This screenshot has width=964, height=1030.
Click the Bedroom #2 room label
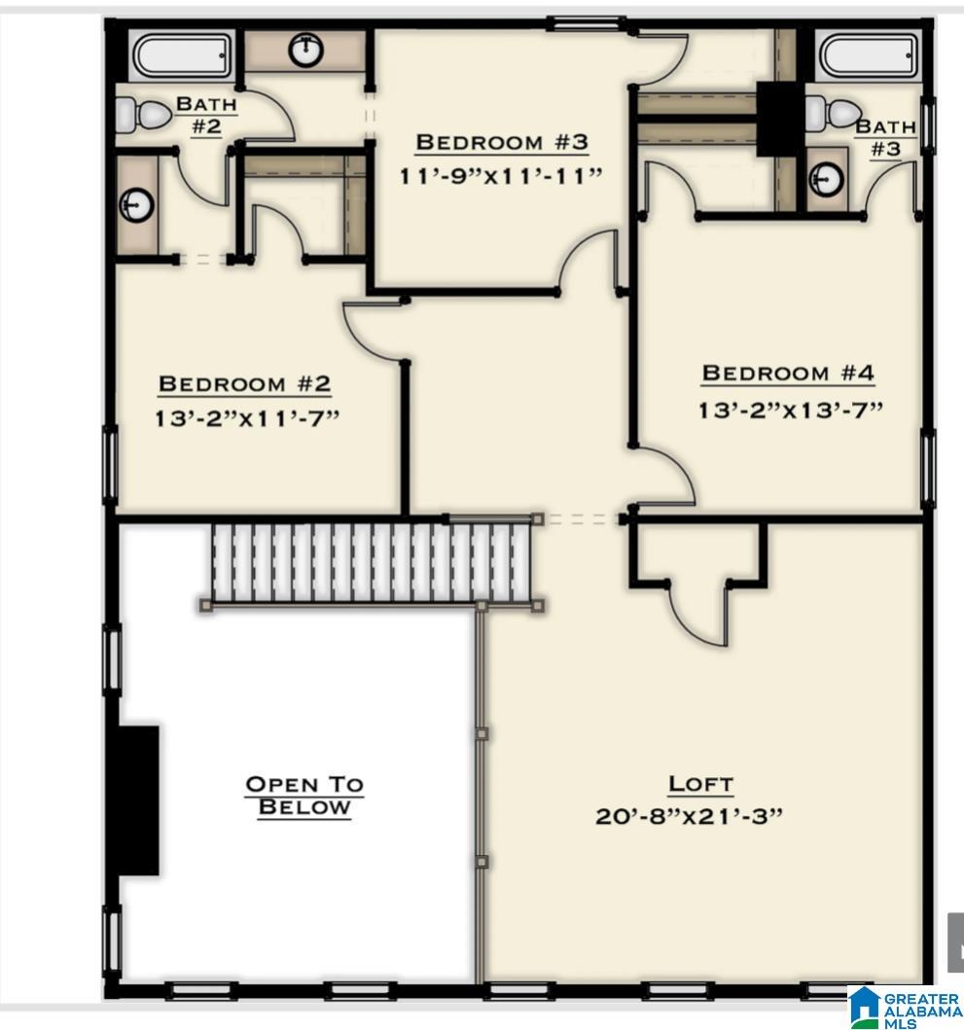click(x=244, y=384)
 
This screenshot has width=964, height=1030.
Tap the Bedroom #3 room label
click(x=502, y=142)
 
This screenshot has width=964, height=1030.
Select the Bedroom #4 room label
click(x=788, y=373)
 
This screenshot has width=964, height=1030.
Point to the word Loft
click(x=700, y=783)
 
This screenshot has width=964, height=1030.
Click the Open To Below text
click(x=303, y=796)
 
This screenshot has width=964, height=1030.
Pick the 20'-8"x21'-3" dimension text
click(x=689, y=815)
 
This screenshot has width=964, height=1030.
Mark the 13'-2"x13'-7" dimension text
click(x=789, y=409)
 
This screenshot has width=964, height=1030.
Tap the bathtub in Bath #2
click(x=183, y=57)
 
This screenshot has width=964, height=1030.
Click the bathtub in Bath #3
click(x=868, y=57)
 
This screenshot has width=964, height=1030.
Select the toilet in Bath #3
click(x=835, y=113)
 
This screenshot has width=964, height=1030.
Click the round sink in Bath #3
click(x=827, y=179)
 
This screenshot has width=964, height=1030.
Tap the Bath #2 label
click(x=206, y=115)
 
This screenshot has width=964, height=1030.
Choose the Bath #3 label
click(x=885, y=137)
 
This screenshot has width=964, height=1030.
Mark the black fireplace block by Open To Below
click(x=138, y=799)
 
